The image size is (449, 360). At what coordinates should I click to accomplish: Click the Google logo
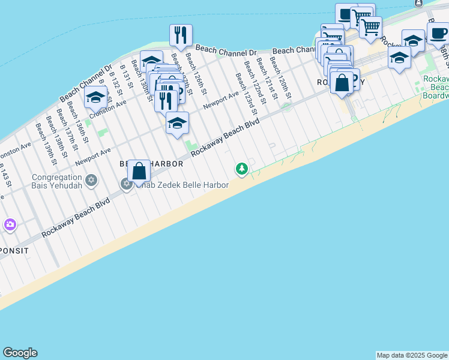pyautogui.click(x=20, y=353)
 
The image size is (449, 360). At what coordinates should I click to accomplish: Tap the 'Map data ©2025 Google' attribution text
pyautogui.click(x=412, y=355)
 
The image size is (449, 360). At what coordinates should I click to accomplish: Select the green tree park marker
pyautogui.click(x=242, y=169)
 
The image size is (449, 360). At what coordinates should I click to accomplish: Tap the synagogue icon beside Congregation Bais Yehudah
pyautogui.click(x=92, y=179)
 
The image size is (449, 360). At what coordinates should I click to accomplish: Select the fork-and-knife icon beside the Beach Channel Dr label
pyautogui.click(x=181, y=35)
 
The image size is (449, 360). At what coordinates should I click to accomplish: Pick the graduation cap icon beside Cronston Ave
pyautogui.click(x=95, y=97)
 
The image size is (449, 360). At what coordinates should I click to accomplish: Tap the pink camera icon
pyautogui.click(x=10, y=225)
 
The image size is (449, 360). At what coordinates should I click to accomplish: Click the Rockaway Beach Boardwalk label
pyautogui.click(x=436, y=88)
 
